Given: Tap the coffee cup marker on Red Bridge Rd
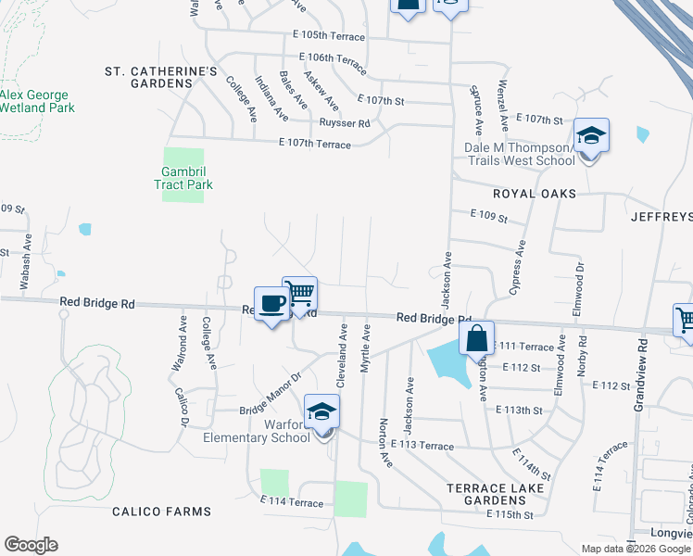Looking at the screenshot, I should point(271,304).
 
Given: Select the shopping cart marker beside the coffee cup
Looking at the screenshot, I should point(299,295).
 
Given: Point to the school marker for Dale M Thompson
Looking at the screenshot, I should point(590,137).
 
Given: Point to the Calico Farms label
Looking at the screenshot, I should point(161,512).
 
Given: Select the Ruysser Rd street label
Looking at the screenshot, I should point(345,123).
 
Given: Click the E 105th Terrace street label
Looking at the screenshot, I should point(329,35).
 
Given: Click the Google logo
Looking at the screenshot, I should point(31,545).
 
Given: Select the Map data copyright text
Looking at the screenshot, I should point(636,549).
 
